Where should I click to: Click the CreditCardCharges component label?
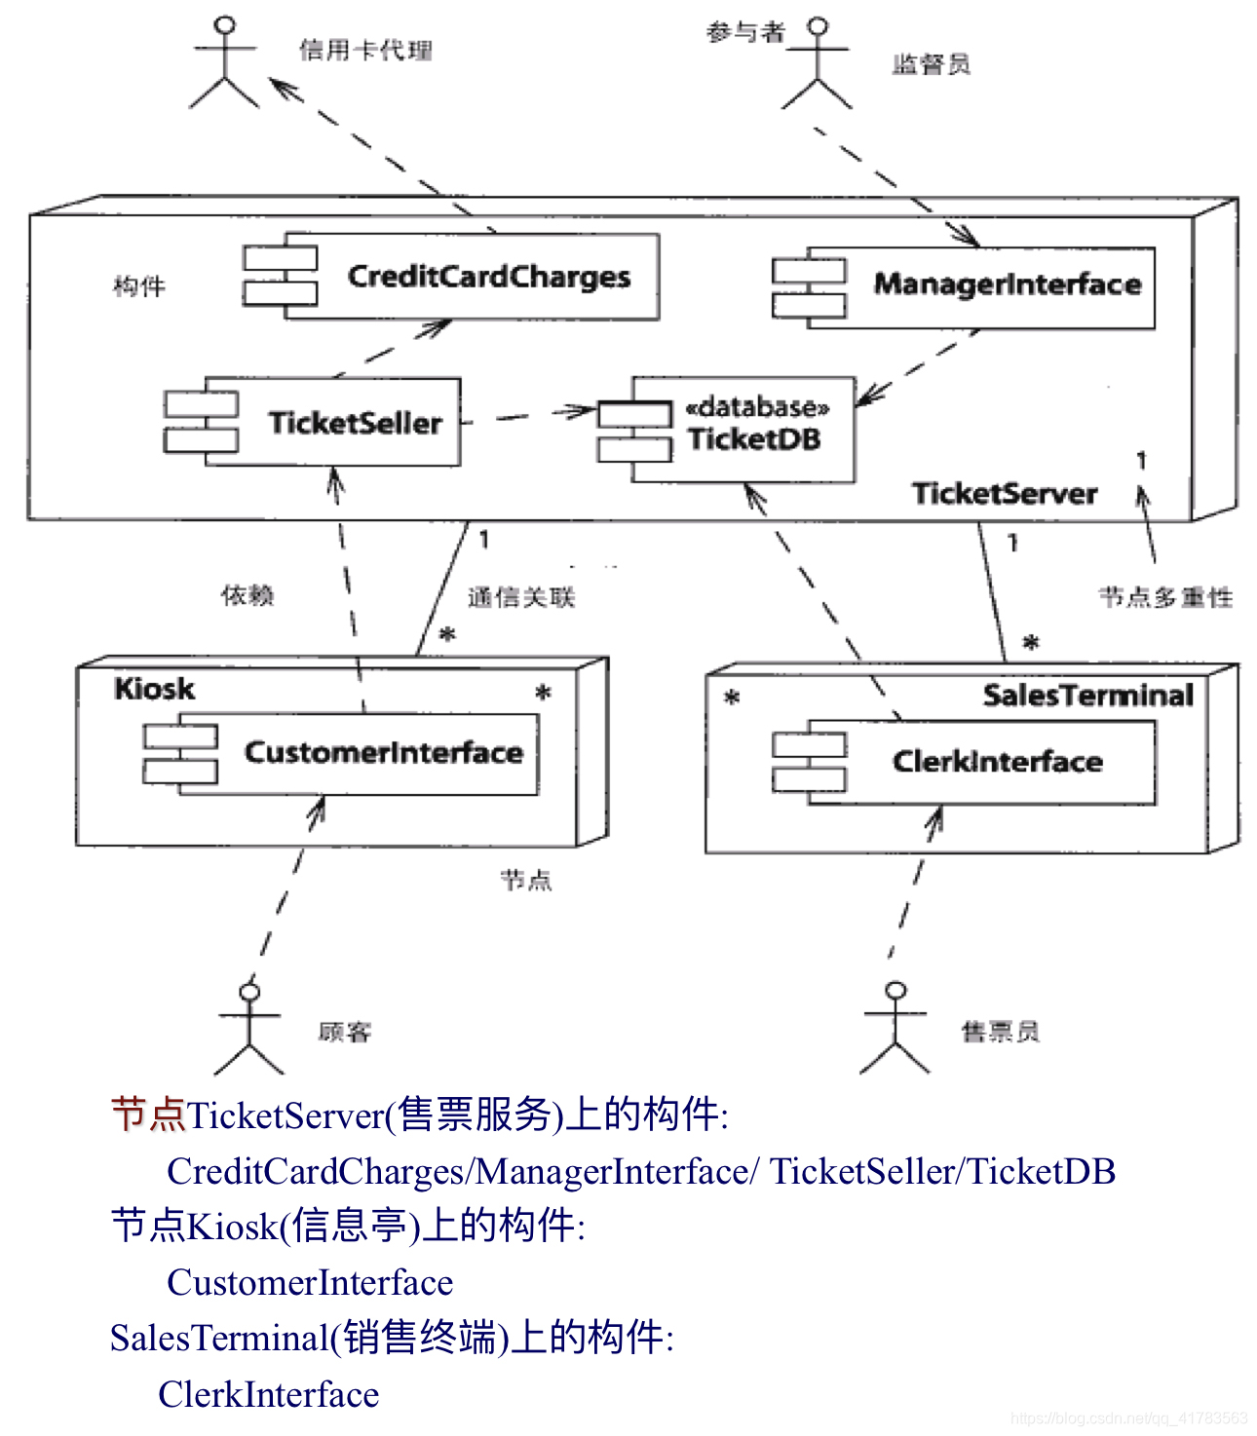click(x=488, y=277)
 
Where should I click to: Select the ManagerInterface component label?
click(x=1007, y=284)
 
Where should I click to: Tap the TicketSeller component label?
click(x=355, y=423)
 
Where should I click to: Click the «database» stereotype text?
click(x=757, y=406)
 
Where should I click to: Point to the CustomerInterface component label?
click(x=383, y=752)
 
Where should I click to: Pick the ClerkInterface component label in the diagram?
click(x=997, y=761)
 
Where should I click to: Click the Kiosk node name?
click(x=154, y=689)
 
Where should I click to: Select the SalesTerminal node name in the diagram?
click(x=1087, y=695)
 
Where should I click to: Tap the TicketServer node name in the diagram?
click(x=1004, y=493)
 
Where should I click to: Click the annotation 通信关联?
click(x=521, y=597)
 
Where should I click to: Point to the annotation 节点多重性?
click(x=1165, y=597)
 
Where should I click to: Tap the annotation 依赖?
click(x=248, y=595)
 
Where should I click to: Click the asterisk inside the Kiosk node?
click(x=543, y=694)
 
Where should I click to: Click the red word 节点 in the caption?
click(x=148, y=1115)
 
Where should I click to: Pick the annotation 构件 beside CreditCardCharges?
click(x=139, y=286)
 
